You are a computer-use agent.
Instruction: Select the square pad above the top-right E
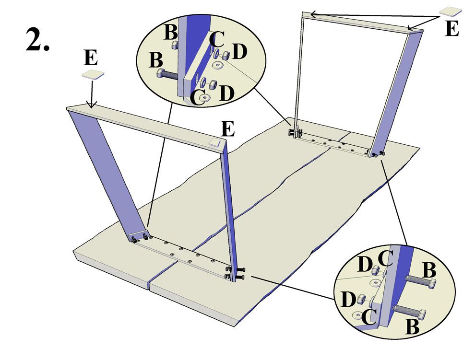pos(451,11)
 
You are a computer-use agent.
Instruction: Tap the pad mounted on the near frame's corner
pos(214,142)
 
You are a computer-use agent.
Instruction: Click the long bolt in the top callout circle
pos(167,74)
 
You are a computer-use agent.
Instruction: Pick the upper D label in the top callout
pos(239,52)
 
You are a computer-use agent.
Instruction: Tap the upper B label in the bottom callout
pos(429,270)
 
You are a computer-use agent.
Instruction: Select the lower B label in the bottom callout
pos(413,328)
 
